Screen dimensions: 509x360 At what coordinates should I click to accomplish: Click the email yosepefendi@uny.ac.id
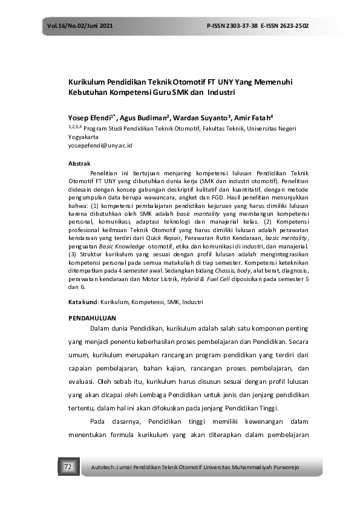[100, 146]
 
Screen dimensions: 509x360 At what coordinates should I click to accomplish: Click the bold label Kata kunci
[82, 301]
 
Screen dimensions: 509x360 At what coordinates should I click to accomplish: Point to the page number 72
[68, 467]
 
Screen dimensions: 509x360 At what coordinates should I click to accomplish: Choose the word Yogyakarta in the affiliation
[85, 137]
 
